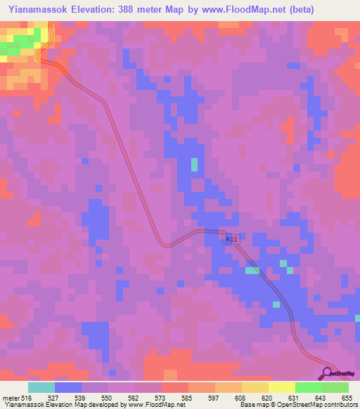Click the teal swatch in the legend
[x=41, y=387]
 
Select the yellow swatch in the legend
[x=281, y=387]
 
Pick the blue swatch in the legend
[x=67, y=387]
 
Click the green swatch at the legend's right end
[x=335, y=387]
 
